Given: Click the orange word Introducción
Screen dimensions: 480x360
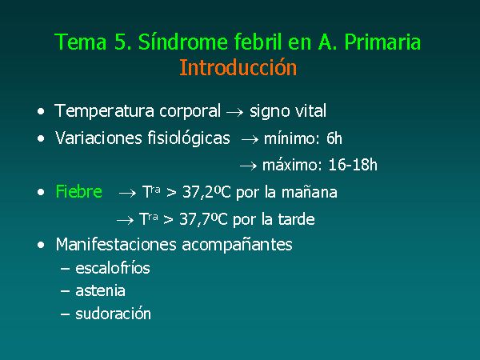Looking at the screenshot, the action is [x=238, y=68].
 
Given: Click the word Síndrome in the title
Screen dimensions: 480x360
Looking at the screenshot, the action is [x=183, y=42].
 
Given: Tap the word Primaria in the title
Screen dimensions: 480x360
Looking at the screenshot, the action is [x=382, y=42].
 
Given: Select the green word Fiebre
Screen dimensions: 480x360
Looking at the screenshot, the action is [x=78, y=192].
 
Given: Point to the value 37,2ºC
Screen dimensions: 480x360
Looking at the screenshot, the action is [x=206, y=193].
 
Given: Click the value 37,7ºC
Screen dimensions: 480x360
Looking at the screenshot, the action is [x=203, y=219].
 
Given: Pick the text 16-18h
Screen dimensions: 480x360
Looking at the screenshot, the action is [x=353, y=165].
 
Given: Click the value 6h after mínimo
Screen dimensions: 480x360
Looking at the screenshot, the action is [x=334, y=138].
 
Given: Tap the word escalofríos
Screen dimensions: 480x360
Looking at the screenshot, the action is [x=112, y=268].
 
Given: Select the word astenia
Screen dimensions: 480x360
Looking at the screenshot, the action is [x=100, y=291].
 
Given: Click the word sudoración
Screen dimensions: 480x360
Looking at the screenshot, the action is [x=113, y=314].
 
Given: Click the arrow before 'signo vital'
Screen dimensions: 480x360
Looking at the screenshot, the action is [x=234, y=112].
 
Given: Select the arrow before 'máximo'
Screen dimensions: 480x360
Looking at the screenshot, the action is [x=248, y=166].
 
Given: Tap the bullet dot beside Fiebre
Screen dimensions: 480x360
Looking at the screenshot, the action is [x=41, y=193].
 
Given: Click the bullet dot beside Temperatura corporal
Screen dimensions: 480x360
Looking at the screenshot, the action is [x=41, y=111].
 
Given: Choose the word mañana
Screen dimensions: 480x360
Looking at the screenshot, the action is [x=309, y=193].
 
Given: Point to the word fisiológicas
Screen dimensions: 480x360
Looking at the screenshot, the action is [x=189, y=138].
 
